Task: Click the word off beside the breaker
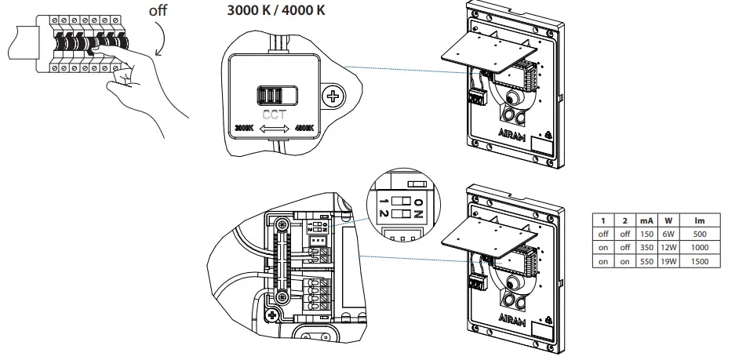159,11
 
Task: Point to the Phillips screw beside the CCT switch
335,97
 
